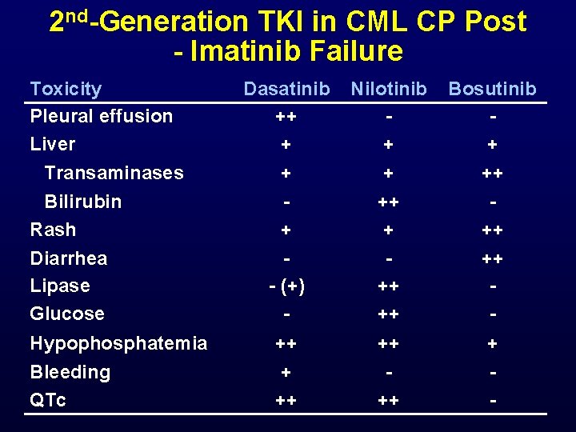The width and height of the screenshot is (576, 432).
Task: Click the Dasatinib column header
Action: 286,89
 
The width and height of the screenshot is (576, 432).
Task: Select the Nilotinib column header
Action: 389,89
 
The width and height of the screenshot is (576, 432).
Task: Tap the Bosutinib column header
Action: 492,89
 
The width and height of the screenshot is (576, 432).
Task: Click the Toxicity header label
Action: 66,89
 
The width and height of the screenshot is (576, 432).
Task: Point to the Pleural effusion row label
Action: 101,116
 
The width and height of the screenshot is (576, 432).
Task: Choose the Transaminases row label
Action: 114,173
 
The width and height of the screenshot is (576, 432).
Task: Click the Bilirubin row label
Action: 83,202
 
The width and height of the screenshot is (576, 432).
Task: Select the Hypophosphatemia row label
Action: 118,344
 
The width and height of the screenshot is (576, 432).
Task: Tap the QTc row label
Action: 48,400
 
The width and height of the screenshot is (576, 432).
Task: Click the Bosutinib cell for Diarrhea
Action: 492,259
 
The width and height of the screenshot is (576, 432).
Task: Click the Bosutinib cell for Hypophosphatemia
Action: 492,345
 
